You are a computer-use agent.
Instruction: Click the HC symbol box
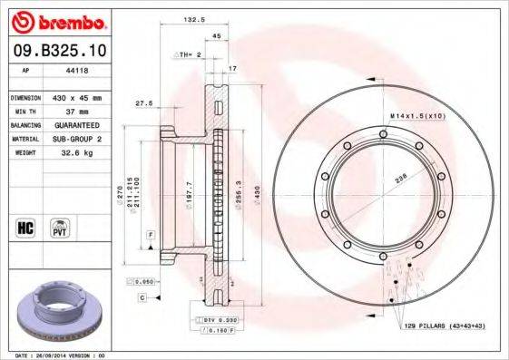24,225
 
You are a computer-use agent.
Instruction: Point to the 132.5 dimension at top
191,17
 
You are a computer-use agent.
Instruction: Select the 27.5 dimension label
142,103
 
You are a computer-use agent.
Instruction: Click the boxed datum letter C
142,297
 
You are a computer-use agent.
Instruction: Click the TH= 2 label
187,55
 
